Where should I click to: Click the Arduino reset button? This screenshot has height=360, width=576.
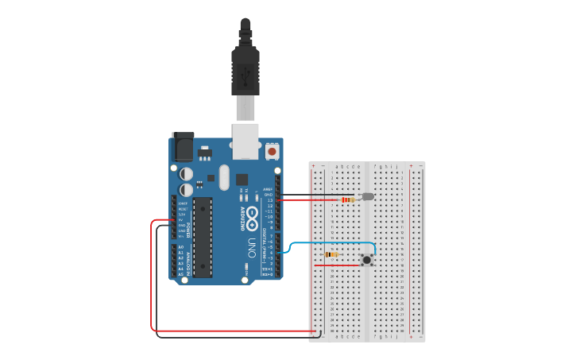(x=273, y=150)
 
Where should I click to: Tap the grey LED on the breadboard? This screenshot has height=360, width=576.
(x=367, y=196)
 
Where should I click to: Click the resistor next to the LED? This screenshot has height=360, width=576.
(x=348, y=199)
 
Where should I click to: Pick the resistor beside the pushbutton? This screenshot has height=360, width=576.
(x=331, y=254)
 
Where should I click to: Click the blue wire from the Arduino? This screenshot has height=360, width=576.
(x=334, y=242)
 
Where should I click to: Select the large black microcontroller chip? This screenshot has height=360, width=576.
(x=203, y=237)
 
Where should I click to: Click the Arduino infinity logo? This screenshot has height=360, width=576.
(x=252, y=215)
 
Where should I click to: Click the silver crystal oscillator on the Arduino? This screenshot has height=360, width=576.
(x=224, y=177)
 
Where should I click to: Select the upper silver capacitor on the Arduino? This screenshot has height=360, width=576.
(x=186, y=173)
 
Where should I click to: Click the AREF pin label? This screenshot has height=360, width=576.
(x=268, y=189)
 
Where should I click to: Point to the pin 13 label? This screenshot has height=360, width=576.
(x=269, y=200)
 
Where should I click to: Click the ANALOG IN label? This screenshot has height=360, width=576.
(x=188, y=259)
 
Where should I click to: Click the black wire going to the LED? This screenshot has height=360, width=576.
(x=318, y=194)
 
